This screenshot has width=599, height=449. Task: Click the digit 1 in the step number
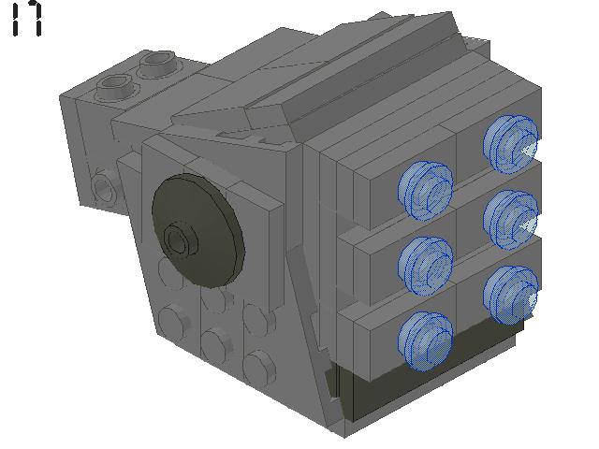16,19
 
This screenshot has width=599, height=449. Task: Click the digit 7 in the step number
34,19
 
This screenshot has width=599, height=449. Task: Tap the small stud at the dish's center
178,240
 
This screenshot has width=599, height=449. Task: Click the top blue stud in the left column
426,187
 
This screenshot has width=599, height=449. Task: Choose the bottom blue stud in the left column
426,339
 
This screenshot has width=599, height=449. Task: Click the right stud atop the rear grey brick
154,65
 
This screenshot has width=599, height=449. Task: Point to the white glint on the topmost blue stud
530,149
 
